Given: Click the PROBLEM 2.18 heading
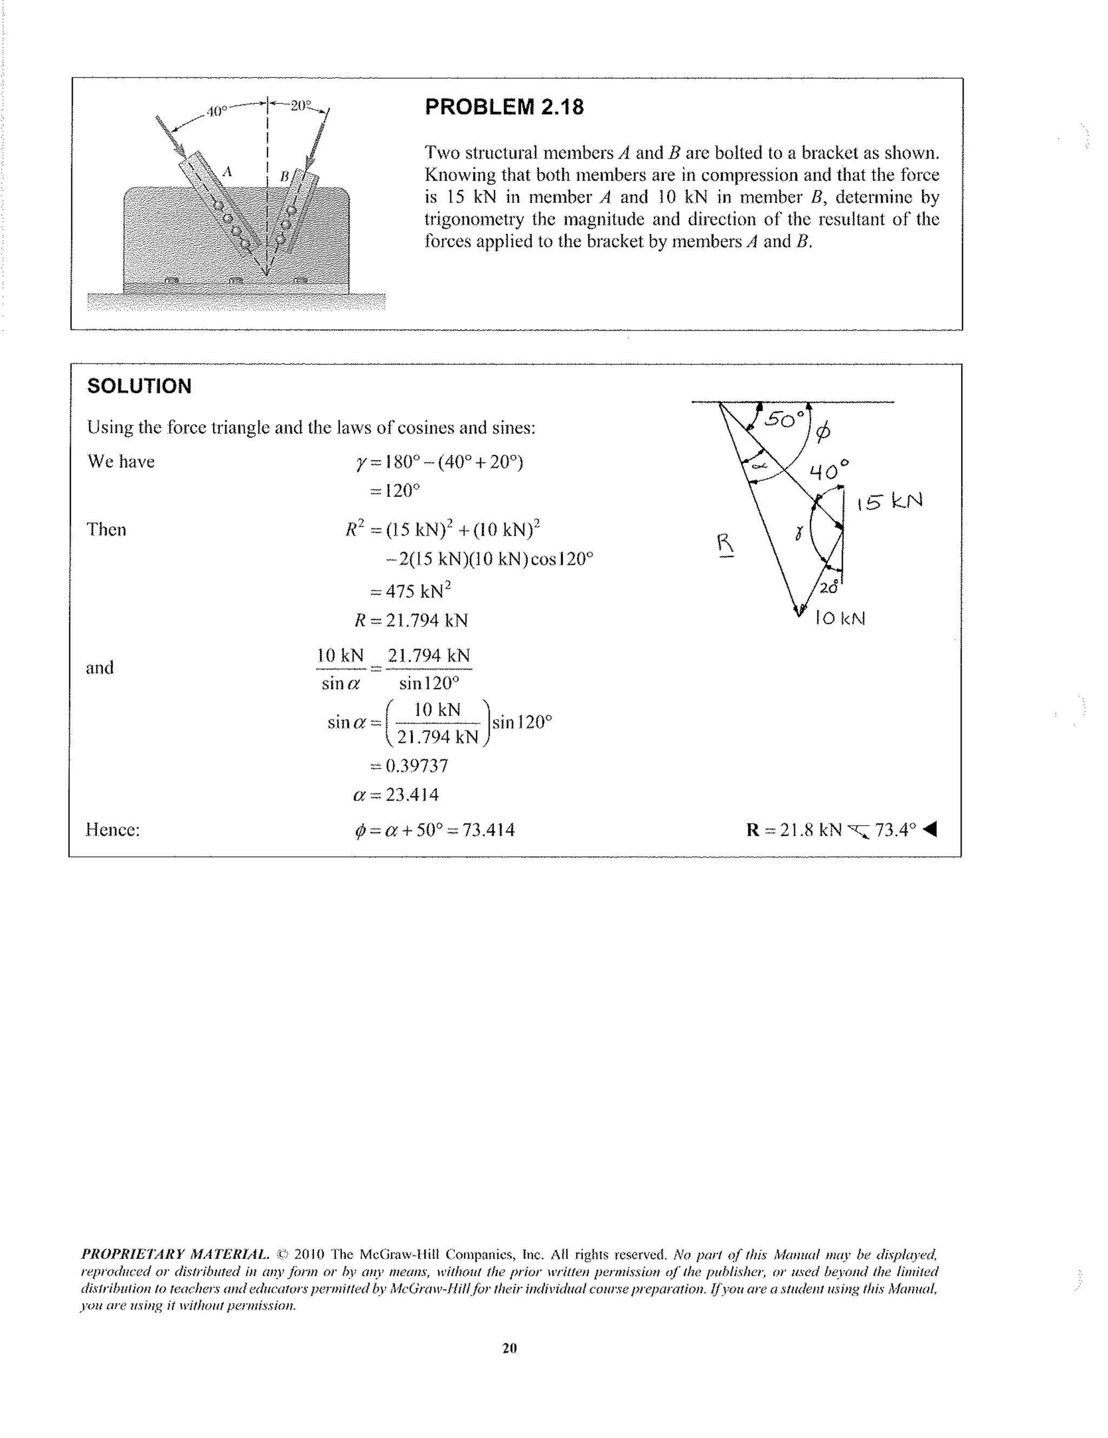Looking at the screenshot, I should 504,107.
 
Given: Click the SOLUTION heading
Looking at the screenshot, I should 139,386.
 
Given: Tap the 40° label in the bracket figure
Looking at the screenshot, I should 216,111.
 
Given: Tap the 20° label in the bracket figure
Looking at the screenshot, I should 300,105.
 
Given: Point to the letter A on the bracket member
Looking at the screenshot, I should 227,173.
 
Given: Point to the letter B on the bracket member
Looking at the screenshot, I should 285,176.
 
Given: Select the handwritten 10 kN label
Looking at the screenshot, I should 840,618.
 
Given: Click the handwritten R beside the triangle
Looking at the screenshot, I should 725,544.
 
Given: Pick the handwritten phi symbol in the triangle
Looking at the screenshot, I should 822,432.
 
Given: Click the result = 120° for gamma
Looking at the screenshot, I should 395,491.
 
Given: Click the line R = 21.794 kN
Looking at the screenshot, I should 411,620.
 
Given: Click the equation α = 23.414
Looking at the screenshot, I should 395,795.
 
